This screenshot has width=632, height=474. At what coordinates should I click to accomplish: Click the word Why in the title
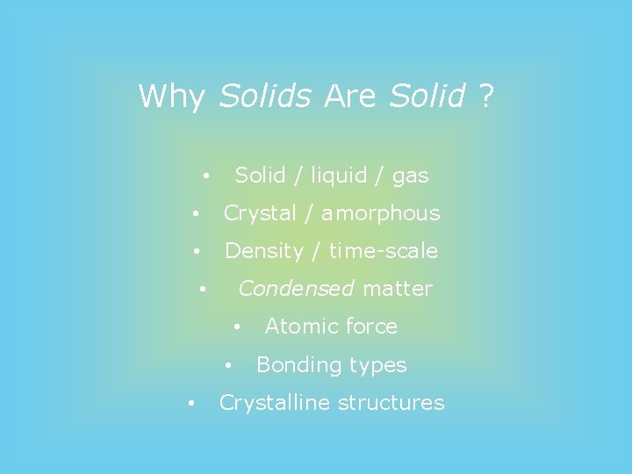tap(171, 96)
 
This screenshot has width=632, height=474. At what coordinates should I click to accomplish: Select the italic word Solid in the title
tap(427, 96)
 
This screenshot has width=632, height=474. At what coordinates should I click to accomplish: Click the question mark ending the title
tap(486, 96)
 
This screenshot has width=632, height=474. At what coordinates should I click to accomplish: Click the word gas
tap(410, 176)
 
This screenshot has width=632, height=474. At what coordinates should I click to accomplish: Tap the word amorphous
tap(380, 213)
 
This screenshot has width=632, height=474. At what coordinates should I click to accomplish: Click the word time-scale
tap(383, 251)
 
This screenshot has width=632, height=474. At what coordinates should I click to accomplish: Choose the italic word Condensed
tap(296, 289)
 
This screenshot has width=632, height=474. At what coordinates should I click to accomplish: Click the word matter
tap(398, 289)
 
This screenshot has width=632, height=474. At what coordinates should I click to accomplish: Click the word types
tap(377, 365)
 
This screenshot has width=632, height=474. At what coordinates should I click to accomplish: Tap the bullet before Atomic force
tap(236, 327)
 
